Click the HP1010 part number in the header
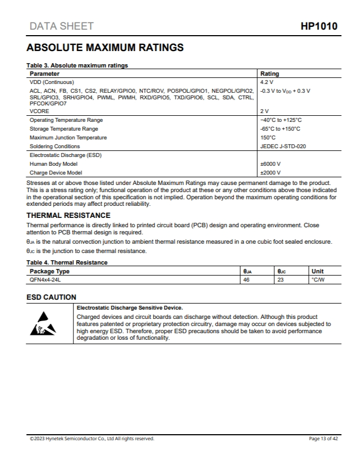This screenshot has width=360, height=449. pos(319,26)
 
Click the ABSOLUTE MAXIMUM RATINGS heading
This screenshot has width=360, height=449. pos(105,48)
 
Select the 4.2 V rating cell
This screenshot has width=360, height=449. pos(267,82)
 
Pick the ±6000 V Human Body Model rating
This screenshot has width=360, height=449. pos(271,164)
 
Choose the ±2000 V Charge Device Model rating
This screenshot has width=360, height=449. pos(271,172)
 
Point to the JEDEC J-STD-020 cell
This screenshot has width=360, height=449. pos(283,146)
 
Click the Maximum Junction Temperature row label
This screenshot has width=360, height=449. pos(68,137)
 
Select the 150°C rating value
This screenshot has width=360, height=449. pos(268,137)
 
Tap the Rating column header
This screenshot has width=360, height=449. pos(269,74)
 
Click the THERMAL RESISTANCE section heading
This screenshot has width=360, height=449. pos(68,215)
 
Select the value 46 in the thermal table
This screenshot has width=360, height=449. pos(246,279)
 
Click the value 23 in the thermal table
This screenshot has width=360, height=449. pos(281,279)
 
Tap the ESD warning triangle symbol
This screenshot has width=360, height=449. pos(43,324)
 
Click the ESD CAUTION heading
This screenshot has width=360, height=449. pos(52,297)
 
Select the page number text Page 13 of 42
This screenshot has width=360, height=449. pos(324,438)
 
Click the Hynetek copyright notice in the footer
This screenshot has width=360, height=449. pos(92,438)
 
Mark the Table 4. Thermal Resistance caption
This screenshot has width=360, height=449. pos(67,262)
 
